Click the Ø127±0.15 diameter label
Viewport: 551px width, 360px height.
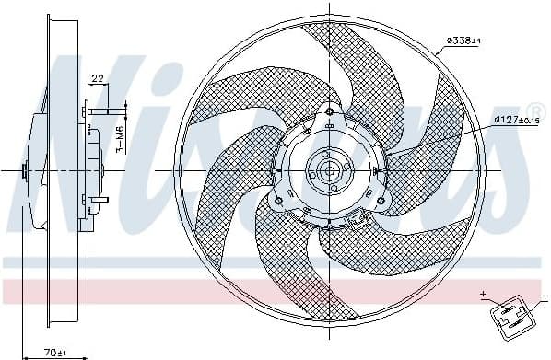tap(516, 120)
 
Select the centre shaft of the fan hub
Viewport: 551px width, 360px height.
tap(329, 172)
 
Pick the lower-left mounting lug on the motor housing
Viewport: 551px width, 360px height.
tap(280, 195)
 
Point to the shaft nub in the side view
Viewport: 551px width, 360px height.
tap(26, 170)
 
